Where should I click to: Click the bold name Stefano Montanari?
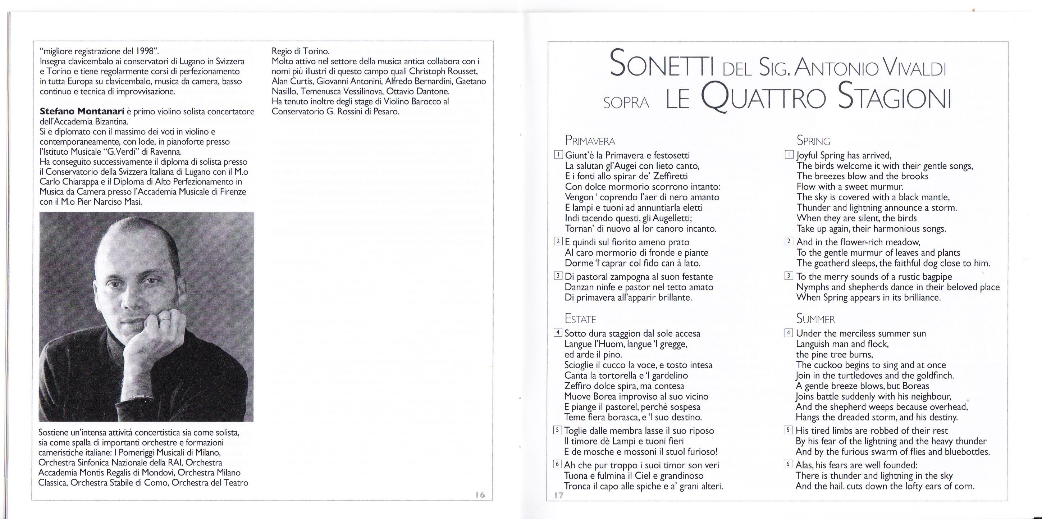82,111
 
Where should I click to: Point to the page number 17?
559,496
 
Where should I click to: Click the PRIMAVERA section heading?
590,141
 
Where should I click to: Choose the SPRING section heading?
813,141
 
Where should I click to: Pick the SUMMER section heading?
815,319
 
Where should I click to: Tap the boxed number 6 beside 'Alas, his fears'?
788,464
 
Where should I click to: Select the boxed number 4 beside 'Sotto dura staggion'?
558,333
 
